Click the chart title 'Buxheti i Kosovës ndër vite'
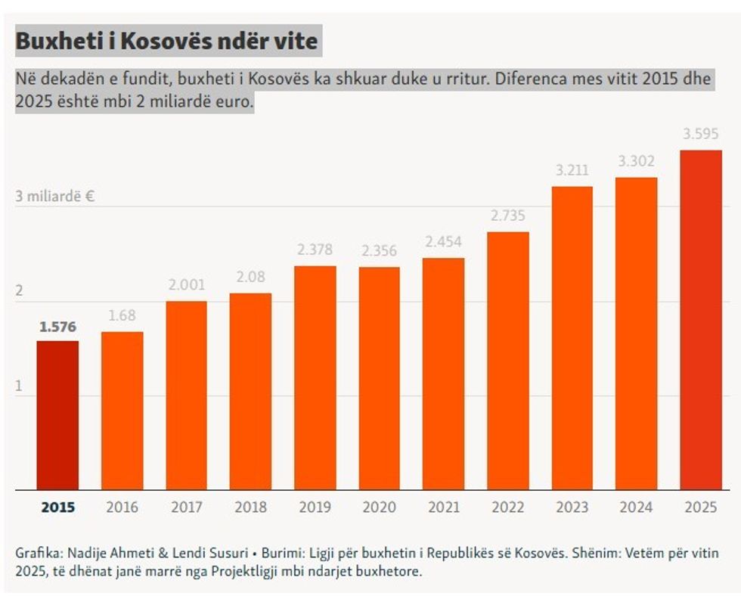(x=166, y=41)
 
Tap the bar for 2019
(x=315, y=377)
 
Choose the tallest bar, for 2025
(x=701, y=319)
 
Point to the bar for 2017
(x=186, y=395)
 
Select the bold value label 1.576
(x=57, y=327)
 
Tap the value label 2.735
(x=508, y=216)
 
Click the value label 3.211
(x=572, y=171)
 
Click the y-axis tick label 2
(x=20, y=291)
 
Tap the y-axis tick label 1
(x=20, y=386)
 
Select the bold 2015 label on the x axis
(x=57, y=507)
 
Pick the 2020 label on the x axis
(x=380, y=507)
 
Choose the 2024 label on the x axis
(x=637, y=507)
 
